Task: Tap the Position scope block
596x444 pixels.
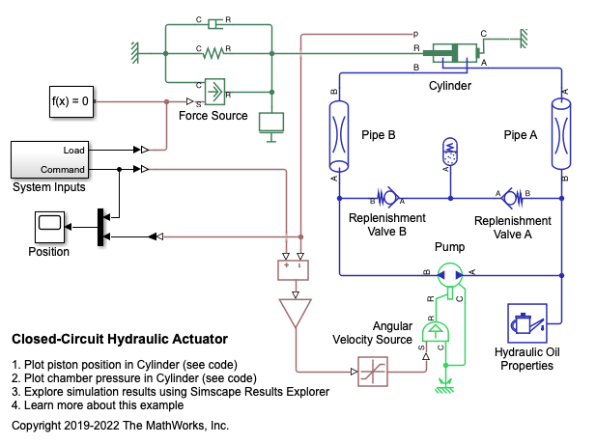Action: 48,228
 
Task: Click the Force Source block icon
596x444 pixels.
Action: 213,92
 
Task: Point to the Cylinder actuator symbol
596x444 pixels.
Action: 450,54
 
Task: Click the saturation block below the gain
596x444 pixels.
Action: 373,371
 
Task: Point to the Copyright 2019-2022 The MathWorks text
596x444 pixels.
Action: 120,425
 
